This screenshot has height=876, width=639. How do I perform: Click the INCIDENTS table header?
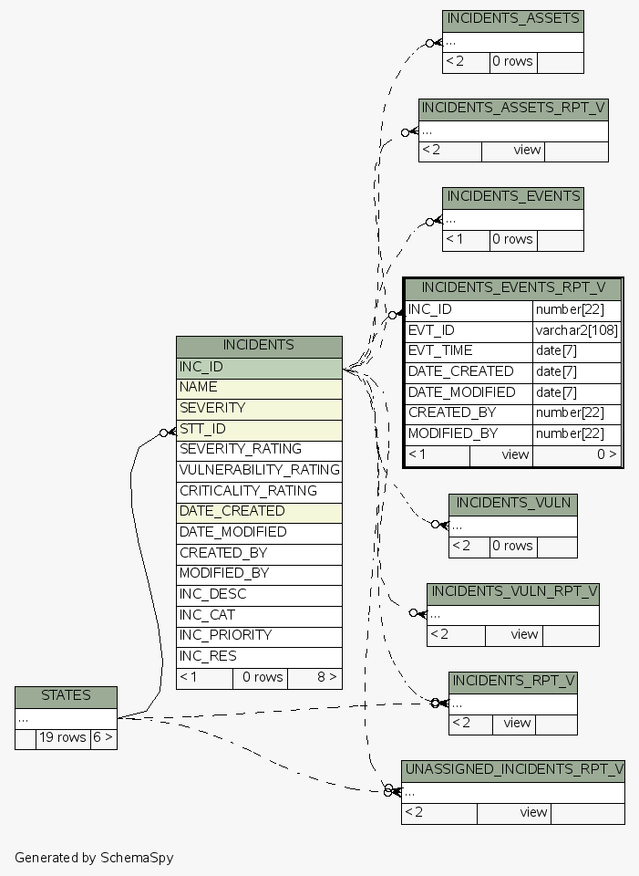click(x=259, y=346)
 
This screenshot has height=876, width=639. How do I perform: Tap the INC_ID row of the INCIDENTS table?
click(x=259, y=367)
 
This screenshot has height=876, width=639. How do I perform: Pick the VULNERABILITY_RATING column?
click(x=259, y=470)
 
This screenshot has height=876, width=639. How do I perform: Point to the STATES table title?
click(x=66, y=696)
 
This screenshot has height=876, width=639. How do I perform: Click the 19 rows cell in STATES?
click(x=62, y=738)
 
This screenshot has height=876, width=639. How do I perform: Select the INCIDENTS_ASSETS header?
click(x=512, y=19)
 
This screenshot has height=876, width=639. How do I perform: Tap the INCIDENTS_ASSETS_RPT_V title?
click(x=513, y=109)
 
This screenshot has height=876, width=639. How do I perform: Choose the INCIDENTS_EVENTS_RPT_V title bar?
click(x=513, y=288)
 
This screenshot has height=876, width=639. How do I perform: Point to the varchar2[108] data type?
click(x=576, y=330)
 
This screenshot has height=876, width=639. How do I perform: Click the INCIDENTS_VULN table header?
click(x=513, y=504)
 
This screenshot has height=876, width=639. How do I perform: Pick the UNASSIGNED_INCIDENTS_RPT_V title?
click(x=513, y=770)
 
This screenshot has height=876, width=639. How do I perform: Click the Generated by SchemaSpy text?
click(x=94, y=858)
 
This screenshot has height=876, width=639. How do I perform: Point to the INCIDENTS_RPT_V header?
click(x=513, y=682)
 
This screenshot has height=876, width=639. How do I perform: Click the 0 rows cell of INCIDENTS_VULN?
click(x=512, y=547)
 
